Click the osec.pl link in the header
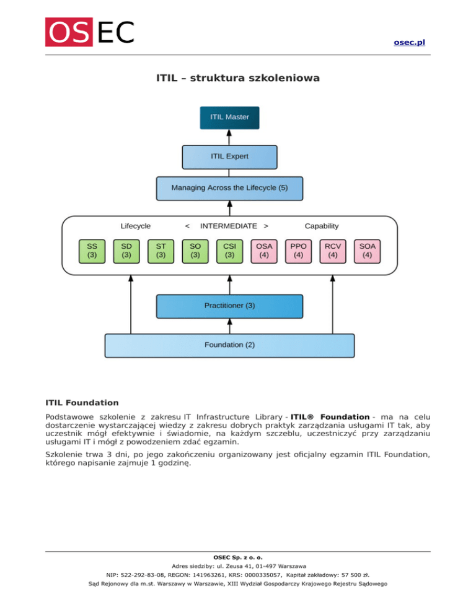[409, 42]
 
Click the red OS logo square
[68, 32]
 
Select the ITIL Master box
[229, 118]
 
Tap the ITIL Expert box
[229, 157]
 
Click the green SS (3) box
[92, 250]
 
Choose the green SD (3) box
[126, 250]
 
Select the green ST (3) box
[161, 250]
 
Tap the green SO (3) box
[195, 250]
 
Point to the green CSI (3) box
[229, 250]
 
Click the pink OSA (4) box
[264, 250]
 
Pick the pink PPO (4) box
[299, 250]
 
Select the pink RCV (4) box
[333, 250]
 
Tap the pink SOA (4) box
[368, 250]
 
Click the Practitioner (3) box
[229, 306]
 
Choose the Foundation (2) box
[229, 345]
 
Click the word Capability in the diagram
[322, 226]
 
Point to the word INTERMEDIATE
[229, 226]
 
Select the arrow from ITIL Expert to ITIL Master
[229, 137]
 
